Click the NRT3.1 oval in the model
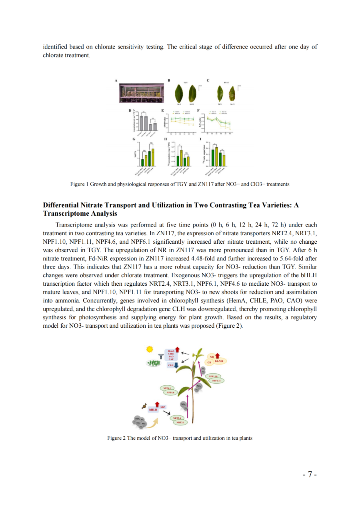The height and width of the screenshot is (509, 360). click(180, 422)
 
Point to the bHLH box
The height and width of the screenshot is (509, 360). click(153, 410)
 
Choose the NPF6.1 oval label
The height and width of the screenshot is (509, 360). click(167, 388)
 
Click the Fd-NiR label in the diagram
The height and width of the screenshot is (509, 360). click(219, 361)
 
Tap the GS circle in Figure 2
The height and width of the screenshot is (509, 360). click(209, 362)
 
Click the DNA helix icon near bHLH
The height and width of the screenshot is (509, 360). click(144, 407)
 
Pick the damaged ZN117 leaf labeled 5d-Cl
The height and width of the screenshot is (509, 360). click(232, 95)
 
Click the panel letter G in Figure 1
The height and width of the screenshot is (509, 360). click(134, 139)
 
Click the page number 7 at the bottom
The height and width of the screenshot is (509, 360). click(310, 475)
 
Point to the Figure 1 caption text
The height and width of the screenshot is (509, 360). click(180, 184)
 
